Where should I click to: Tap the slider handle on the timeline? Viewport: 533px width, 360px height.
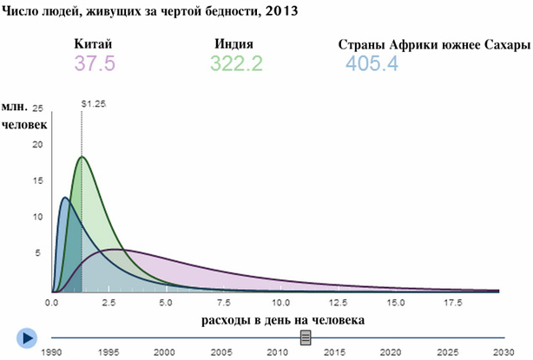[305, 337]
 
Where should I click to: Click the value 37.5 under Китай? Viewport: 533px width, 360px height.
[95, 63]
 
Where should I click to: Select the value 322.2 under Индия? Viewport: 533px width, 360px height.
[236, 63]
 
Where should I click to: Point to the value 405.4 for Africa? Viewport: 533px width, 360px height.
[372, 63]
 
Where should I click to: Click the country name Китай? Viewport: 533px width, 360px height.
[95, 44]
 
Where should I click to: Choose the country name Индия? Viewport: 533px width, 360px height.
[234, 44]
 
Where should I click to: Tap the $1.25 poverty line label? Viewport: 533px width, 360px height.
[93, 103]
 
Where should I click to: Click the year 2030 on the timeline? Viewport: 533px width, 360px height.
[501, 351]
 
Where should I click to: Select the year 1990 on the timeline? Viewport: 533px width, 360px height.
[52, 351]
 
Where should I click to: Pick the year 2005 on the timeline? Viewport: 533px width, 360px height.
[220, 351]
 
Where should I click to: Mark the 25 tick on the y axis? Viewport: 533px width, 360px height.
[37, 109]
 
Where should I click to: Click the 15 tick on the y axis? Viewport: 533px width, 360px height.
[37, 181]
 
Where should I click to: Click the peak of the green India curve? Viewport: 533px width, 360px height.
[82, 157]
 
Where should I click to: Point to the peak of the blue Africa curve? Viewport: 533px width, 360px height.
[64, 199]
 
